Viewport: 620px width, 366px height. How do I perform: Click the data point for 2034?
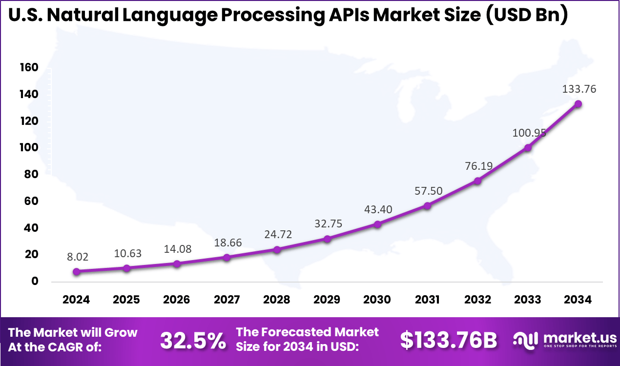coord(578,104)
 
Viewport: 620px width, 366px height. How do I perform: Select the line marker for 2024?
coord(77,271)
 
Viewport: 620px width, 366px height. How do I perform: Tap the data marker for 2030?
coord(377,224)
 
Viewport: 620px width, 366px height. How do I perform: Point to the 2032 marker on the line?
coord(477,181)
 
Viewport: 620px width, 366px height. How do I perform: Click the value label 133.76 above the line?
coord(578,89)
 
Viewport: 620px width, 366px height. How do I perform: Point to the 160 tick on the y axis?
coord(29,67)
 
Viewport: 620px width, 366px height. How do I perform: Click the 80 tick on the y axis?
coord(31,174)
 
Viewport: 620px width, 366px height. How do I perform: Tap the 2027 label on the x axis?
coord(227,300)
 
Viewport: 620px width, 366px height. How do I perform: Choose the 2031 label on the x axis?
coord(427,300)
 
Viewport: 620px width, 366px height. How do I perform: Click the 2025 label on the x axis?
coord(126,300)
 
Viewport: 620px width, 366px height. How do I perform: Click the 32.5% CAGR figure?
coord(193,341)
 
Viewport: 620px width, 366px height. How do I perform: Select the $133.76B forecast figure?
coord(449,341)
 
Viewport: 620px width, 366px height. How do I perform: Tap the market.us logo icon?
coord(526,340)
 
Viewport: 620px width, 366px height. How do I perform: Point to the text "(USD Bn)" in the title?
coord(527,15)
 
